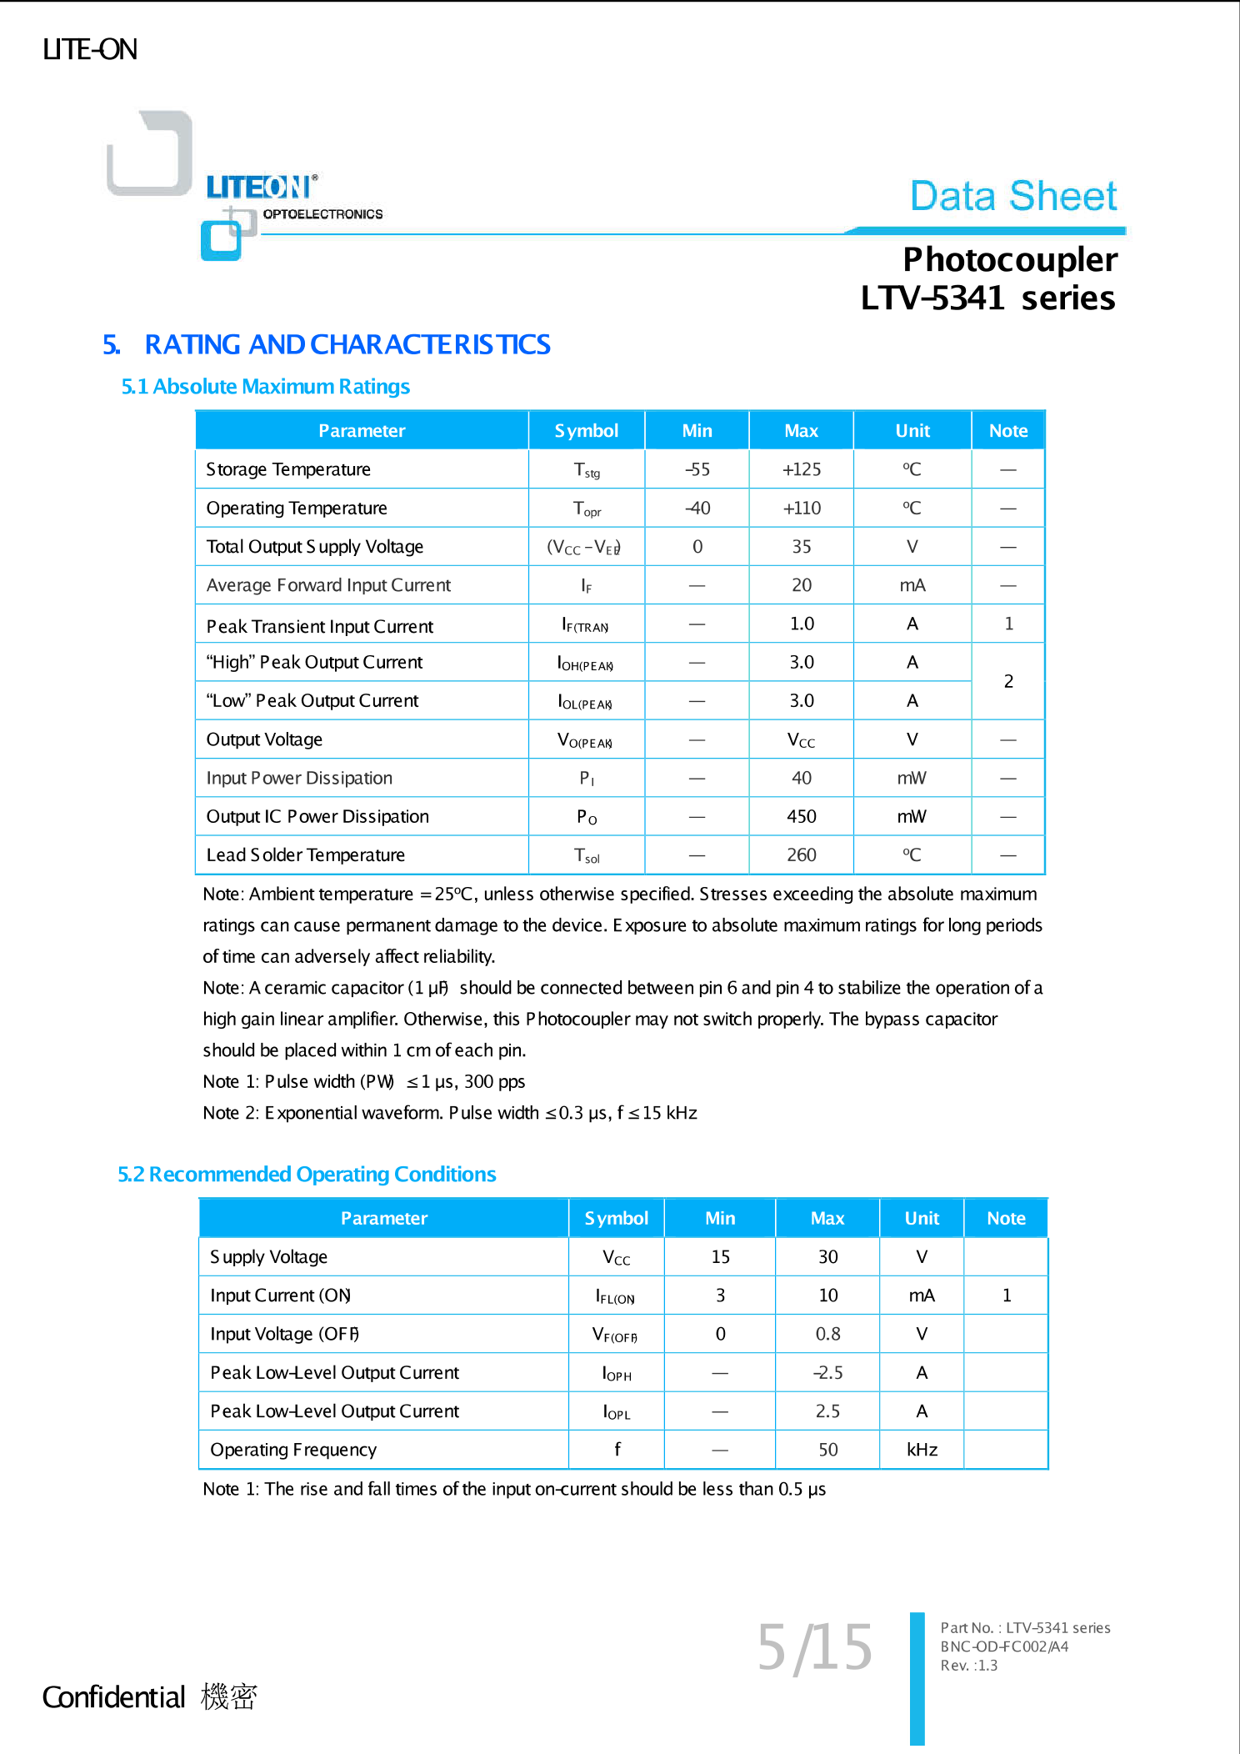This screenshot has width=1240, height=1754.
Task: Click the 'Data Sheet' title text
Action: (x=1012, y=197)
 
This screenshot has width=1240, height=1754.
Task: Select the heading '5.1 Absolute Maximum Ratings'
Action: (x=265, y=387)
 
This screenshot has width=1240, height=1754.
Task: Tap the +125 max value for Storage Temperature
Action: (x=801, y=469)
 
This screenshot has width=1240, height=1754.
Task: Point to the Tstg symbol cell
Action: (x=586, y=470)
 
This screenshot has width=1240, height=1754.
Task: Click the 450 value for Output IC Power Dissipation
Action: (x=801, y=817)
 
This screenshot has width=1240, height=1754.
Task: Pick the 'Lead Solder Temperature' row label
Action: (x=305, y=855)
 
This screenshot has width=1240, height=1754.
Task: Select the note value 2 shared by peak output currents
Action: (x=1008, y=682)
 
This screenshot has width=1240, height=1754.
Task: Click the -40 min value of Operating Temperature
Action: (x=697, y=509)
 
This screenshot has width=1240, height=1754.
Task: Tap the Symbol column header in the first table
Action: (x=586, y=431)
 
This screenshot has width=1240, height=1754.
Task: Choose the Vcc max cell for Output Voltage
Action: (x=801, y=740)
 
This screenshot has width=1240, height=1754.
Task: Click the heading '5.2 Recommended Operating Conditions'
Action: (x=307, y=1175)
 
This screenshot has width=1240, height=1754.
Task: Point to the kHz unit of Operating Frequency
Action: (x=922, y=1451)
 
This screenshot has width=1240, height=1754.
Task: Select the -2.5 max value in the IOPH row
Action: (x=827, y=1373)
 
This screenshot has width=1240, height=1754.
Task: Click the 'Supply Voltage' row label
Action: (x=268, y=1257)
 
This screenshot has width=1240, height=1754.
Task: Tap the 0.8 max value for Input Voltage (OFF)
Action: (x=827, y=1335)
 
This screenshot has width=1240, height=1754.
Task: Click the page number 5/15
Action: (x=814, y=1648)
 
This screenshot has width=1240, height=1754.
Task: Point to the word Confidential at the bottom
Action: (x=113, y=1697)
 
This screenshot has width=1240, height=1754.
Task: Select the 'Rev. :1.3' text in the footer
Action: (x=968, y=1666)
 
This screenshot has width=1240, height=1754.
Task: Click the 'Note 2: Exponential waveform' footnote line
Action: (x=450, y=1114)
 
